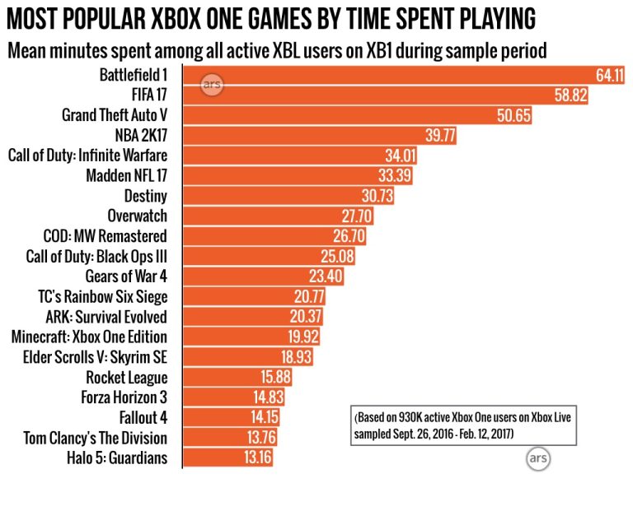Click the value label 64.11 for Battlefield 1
610,76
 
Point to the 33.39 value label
395,175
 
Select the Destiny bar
288,195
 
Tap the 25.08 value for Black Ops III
338,256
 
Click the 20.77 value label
309,296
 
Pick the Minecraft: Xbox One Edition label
89,337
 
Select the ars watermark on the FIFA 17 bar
213,85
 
